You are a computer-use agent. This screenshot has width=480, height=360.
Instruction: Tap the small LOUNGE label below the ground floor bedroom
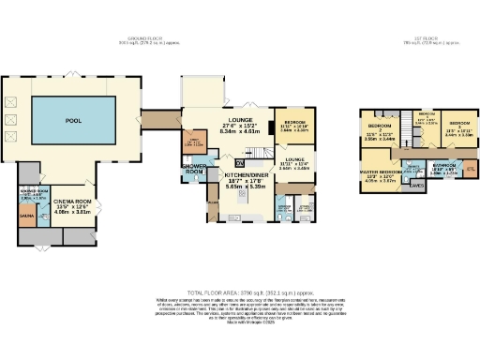tap(295, 160)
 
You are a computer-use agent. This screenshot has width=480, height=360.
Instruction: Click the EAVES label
tap(415, 187)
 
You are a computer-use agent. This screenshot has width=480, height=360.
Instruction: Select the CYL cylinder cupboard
tap(470, 169)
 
